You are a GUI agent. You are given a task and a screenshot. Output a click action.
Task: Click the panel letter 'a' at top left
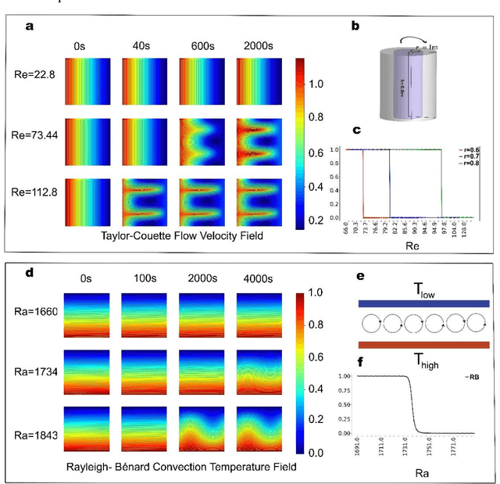[x=29, y=27]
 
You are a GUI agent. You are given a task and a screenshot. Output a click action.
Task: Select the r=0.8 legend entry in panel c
[x=471, y=164]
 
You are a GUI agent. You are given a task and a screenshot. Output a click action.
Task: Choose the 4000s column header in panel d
[x=257, y=278]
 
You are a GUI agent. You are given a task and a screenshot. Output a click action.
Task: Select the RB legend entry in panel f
[x=474, y=377]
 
